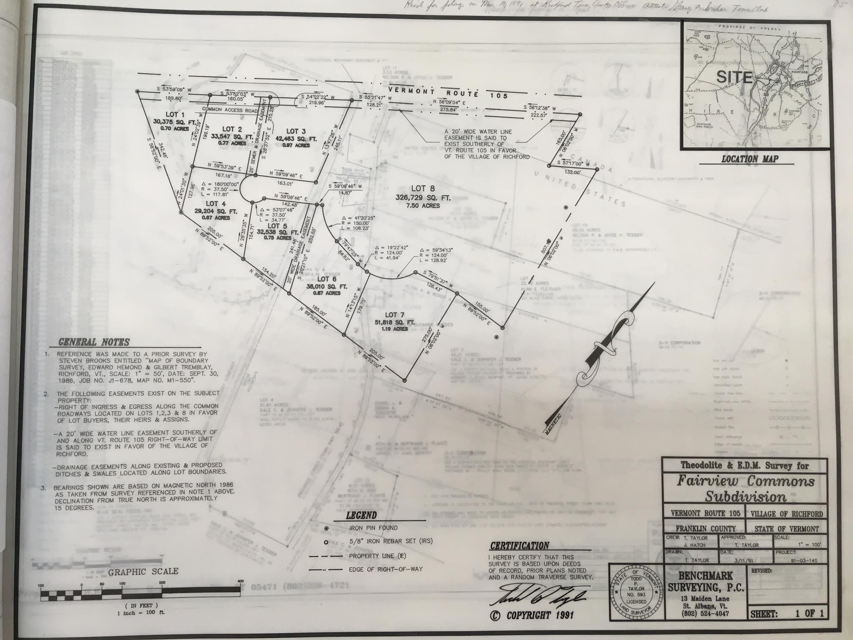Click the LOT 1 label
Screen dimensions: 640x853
175,114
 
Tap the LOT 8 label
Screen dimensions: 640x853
423,189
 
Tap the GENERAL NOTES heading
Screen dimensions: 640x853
94,342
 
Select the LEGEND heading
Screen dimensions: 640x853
361,515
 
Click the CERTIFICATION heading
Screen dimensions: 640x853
519,546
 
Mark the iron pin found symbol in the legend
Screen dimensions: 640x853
326,528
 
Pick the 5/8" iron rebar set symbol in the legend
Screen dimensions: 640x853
326,542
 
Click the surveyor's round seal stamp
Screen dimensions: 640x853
636,592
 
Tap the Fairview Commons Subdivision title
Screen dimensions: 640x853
745,488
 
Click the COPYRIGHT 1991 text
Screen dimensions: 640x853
531,615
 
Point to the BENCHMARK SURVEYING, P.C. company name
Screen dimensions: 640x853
705,582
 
